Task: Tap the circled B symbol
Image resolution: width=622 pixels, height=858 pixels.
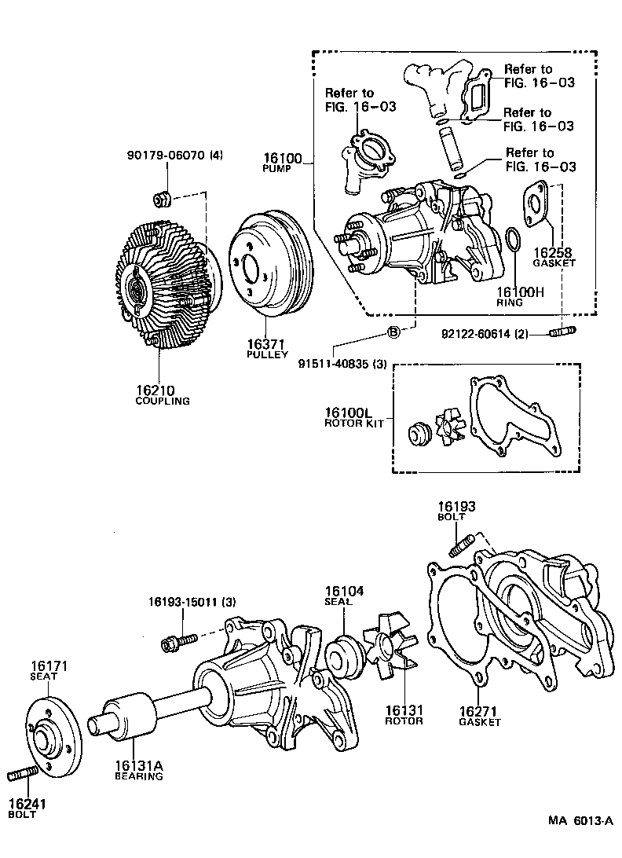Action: coord(394,332)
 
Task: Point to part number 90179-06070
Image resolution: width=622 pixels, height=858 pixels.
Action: coord(167,155)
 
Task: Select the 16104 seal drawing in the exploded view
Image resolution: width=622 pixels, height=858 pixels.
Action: coord(342,654)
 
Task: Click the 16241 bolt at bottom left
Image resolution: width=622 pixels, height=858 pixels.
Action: coord(24,775)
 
